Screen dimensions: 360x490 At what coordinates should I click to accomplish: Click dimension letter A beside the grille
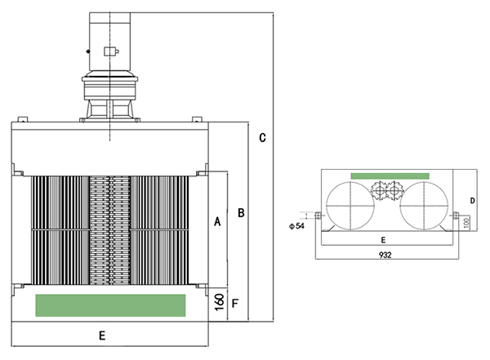coord(217,221)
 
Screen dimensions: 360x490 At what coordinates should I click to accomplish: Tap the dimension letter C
coord(262,137)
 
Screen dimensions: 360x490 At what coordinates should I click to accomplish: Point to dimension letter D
coord(472,199)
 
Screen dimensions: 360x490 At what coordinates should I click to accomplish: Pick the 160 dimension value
coord(218,304)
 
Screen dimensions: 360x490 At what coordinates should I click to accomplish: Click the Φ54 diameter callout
coord(296,225)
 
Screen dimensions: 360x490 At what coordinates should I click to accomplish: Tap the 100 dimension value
coord(466,223)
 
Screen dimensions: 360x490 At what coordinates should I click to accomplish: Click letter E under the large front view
coord(102,335)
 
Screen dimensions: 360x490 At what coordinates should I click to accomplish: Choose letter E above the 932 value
coord(384,241)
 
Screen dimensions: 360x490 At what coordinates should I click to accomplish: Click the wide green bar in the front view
coord(110,304)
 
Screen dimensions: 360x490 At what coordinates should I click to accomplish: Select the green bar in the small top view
coord(390,176)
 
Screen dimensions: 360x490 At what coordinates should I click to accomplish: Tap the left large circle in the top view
coord(349,204)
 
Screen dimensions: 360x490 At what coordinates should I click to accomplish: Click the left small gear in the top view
coord(378,192)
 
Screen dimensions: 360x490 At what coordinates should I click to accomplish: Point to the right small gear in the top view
coord(395,192)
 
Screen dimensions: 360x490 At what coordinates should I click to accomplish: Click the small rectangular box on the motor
coord(110,53)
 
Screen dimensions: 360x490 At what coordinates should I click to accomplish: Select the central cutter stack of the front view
coord(109,229)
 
